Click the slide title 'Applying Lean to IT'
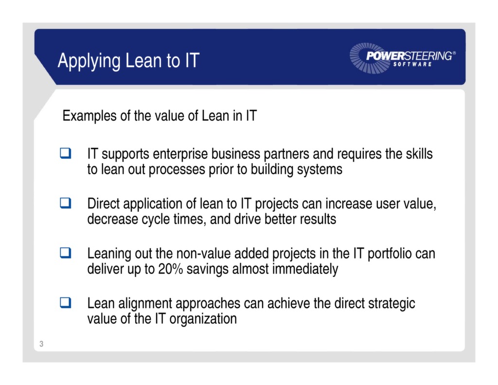point(128,61)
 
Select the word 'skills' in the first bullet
point(417,154)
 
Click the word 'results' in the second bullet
point(317,220)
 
